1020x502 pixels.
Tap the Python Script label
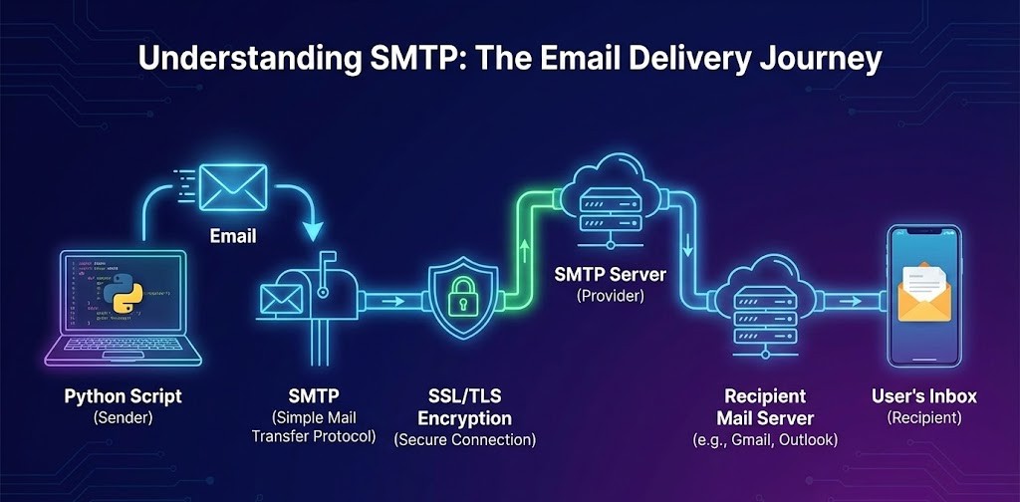(124, 396)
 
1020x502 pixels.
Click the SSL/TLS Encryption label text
(464, 408)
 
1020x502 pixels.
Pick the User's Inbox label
(924, 396)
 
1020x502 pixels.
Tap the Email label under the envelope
(232, 237)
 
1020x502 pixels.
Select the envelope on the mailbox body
(282, 299)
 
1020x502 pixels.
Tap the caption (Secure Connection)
(464, 439)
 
